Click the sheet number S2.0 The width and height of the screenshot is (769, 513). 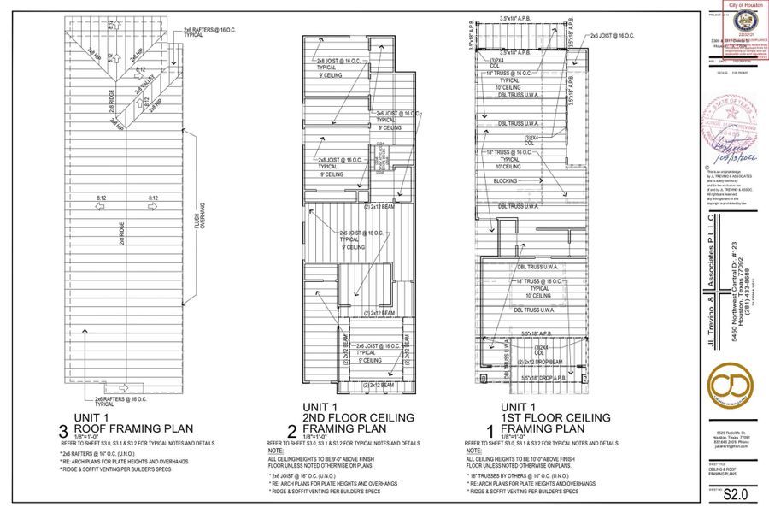pos(728,492)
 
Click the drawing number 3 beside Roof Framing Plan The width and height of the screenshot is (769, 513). pos(65,425)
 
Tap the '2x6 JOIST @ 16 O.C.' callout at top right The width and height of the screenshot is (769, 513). pos(610,36)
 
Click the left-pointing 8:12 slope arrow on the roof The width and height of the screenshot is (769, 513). pos(99,206)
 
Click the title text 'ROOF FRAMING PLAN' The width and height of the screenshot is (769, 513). pos(133,428)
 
